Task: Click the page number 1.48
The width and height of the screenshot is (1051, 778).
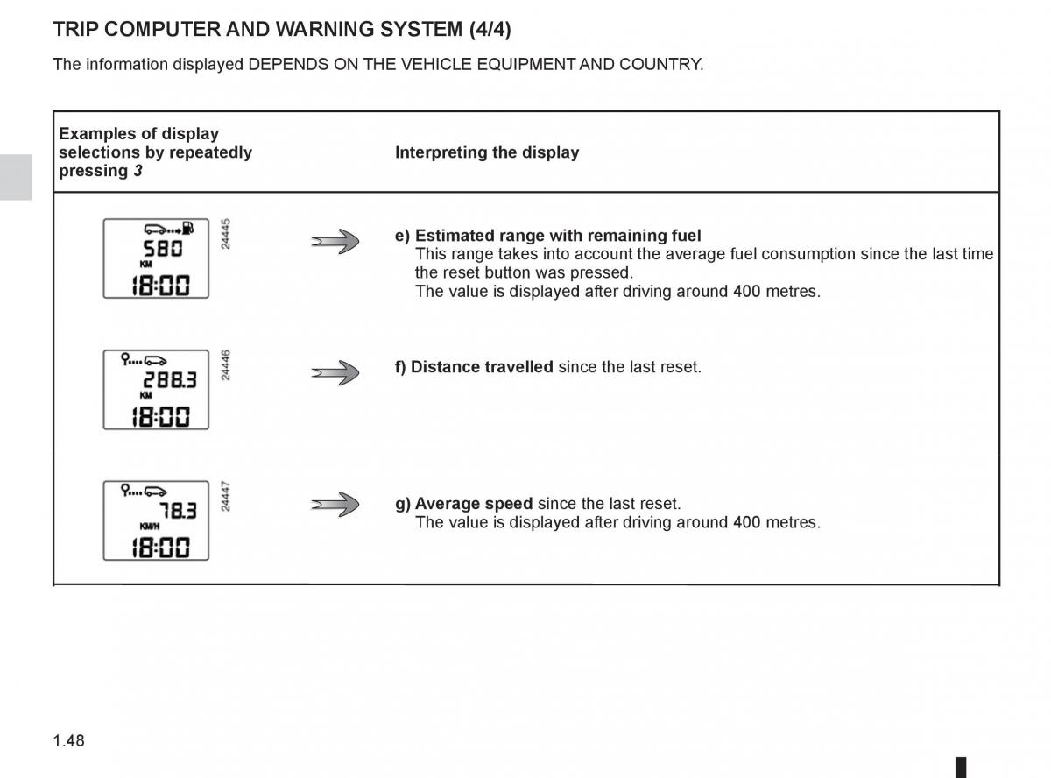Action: click(x=68, y=741)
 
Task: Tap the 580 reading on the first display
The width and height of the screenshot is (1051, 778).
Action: click(x=163, y=249)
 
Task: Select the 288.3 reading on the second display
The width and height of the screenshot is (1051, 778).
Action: click(x=170, y=380)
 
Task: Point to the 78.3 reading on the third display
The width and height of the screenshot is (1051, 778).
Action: click(x=178, y=511)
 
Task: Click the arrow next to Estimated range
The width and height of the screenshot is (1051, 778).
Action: click(x=335, y=241)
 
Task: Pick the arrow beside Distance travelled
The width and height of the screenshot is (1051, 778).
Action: click(x=335, y=372)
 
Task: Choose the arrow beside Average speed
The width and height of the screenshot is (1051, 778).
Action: click(x=335, y=505)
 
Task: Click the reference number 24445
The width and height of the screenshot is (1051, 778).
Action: click(x=226, y=234)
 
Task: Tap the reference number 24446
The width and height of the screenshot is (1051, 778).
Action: click(x=226, y=365)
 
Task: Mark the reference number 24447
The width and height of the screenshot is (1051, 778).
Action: click(x=226, y=496)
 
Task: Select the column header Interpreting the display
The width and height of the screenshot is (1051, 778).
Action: click(x=487, y=152)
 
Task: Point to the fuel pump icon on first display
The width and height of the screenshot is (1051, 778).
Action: click(x=188, y=229)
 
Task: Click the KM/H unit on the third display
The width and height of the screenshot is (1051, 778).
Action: click(x=150, y=527)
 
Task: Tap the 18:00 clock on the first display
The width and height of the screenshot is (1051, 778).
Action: click(x=159, y=285)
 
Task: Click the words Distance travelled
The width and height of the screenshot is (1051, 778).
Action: click(x=482, y=367)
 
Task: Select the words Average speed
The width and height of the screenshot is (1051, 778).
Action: click(x=473, y=504)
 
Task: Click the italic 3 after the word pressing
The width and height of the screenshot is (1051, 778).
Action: click(x=138, y=171)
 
